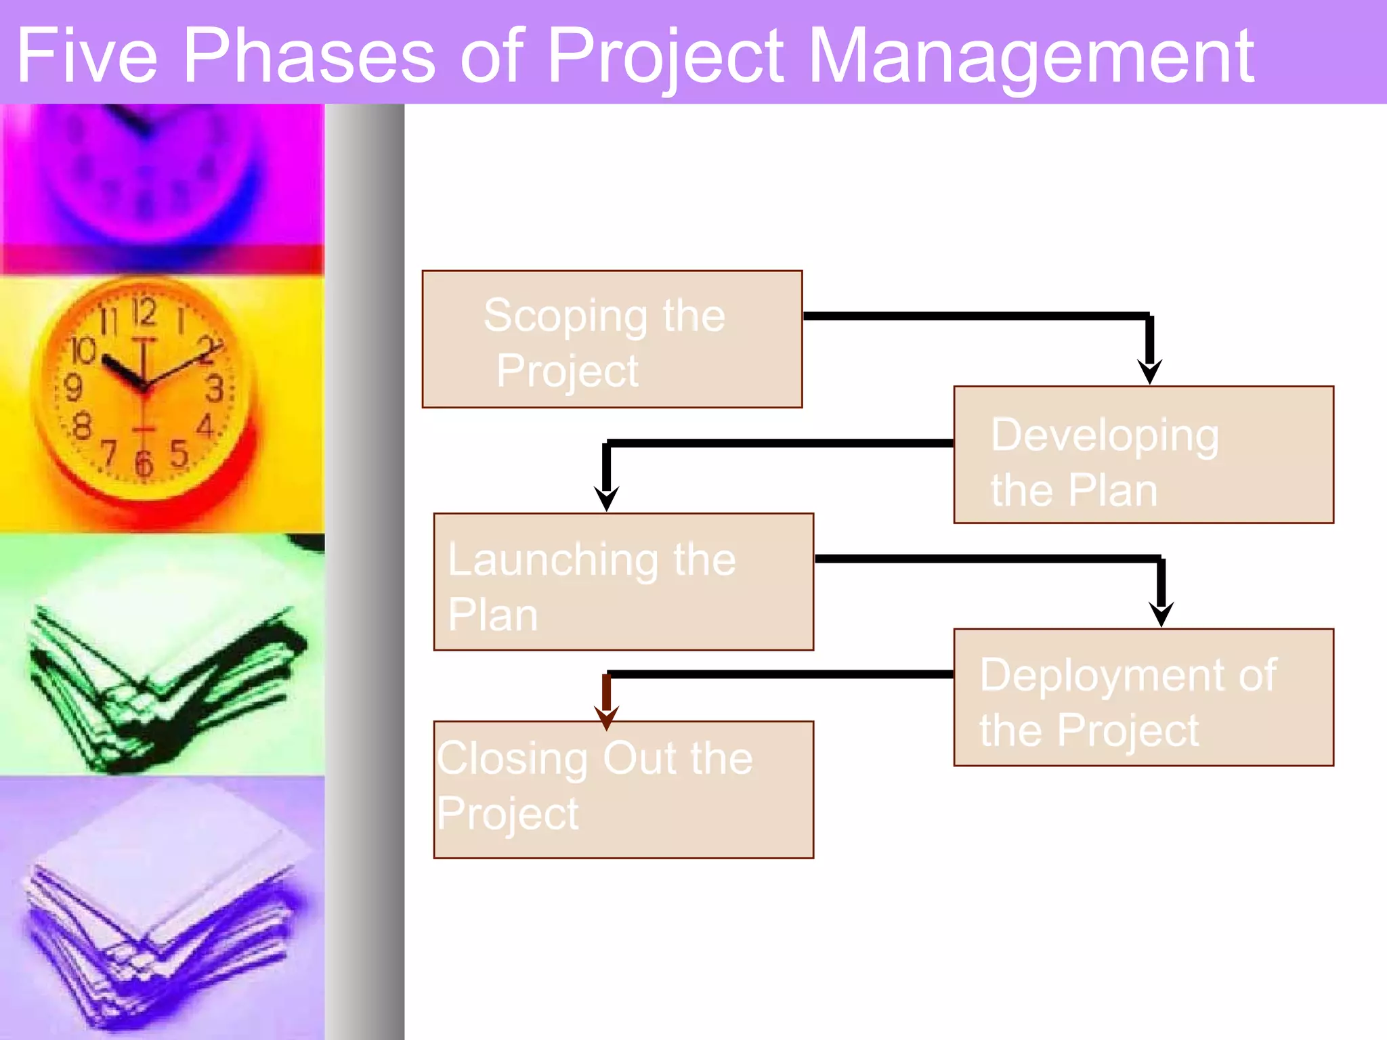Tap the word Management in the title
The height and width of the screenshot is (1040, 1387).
[x=1031, y=57]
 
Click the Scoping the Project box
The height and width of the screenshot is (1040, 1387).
[x=612, y=339]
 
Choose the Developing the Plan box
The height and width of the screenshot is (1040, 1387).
[x=1143, y=455]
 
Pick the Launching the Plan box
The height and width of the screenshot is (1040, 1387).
[x=623, y=582]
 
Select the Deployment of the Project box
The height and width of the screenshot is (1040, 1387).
[x=1143, y=697]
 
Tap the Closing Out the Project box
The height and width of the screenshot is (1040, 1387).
[x=623, y=789]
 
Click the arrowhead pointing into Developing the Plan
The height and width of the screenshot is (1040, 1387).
[x=1149, y=371]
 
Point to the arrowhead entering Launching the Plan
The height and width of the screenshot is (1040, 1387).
[x=606, y=498]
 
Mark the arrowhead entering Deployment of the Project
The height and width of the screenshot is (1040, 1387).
[x=1161, y=614]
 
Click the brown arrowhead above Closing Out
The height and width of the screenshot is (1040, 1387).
[x=606, y=718]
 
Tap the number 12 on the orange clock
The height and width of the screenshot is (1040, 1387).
[x=144, y=311]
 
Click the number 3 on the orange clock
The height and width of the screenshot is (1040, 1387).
[x=215, y=389]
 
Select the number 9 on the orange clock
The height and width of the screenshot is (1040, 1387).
[x=72, y=388]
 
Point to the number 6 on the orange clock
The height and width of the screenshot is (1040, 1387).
[x=144, y=464]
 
